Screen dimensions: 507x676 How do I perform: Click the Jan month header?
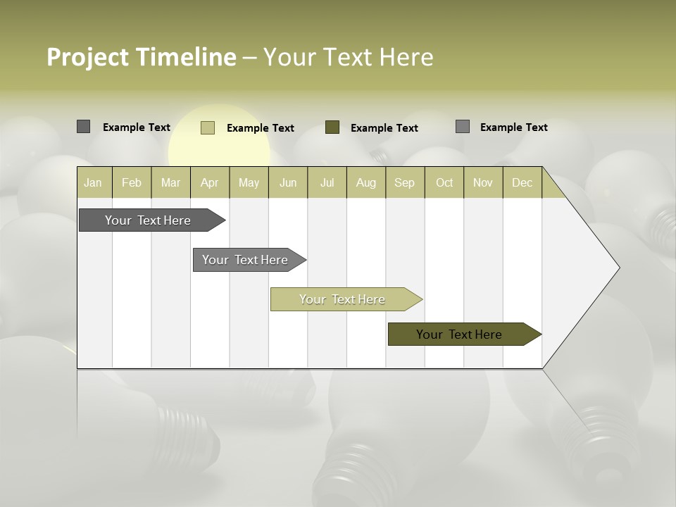coord(94,182)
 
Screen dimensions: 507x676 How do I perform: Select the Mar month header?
coord(170,182)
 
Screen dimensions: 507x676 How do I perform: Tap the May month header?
coord(249,182)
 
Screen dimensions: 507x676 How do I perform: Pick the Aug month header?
coord(366,182)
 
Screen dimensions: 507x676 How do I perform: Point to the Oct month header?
coord(444,182)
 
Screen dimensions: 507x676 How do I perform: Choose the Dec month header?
coord(522,182)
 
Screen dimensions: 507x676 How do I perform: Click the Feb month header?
coord(132,182)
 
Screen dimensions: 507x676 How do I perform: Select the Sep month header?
coord(405,182)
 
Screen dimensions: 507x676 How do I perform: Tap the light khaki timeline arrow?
coord(343,299)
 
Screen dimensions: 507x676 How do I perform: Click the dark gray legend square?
coord(83,127)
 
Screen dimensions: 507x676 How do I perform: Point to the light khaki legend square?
coord(208,127)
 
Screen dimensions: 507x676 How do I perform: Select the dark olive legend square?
coord(332,127)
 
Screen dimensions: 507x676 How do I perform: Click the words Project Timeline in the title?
coord(141,57)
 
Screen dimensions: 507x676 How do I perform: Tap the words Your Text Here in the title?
coord(349,57)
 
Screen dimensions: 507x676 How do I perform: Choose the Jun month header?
coord(288,182)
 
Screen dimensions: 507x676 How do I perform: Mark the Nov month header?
coord(483,182)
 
